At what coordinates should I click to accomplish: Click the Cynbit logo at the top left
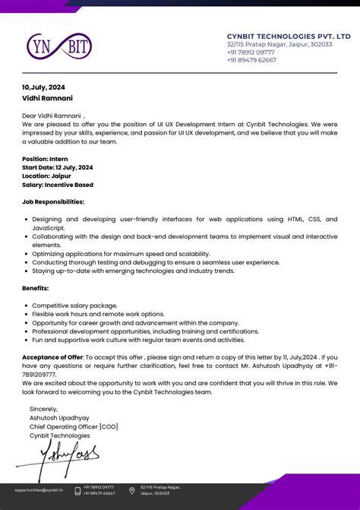click(x=58, y=47)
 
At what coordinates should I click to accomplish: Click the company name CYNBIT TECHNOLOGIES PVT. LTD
click(x=289, y=36)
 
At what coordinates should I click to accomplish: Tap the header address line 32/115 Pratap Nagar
click(x=279, y=44)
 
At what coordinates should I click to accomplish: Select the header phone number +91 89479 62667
click(x=251, y=60)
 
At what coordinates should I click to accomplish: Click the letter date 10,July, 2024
click(x=43, y=87)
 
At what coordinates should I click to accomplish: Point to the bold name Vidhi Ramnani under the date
click(x=46, y=98)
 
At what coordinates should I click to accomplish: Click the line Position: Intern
click(x=45, y=159)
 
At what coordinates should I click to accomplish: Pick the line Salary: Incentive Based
click(x=58, y=184)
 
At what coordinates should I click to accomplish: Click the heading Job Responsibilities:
click(x=53, y=201)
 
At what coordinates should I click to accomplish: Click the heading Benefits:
click(x=35, y=288)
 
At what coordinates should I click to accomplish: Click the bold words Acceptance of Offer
click(x=52, y=356)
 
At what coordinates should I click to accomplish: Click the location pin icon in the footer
click(x=132, y=490)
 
